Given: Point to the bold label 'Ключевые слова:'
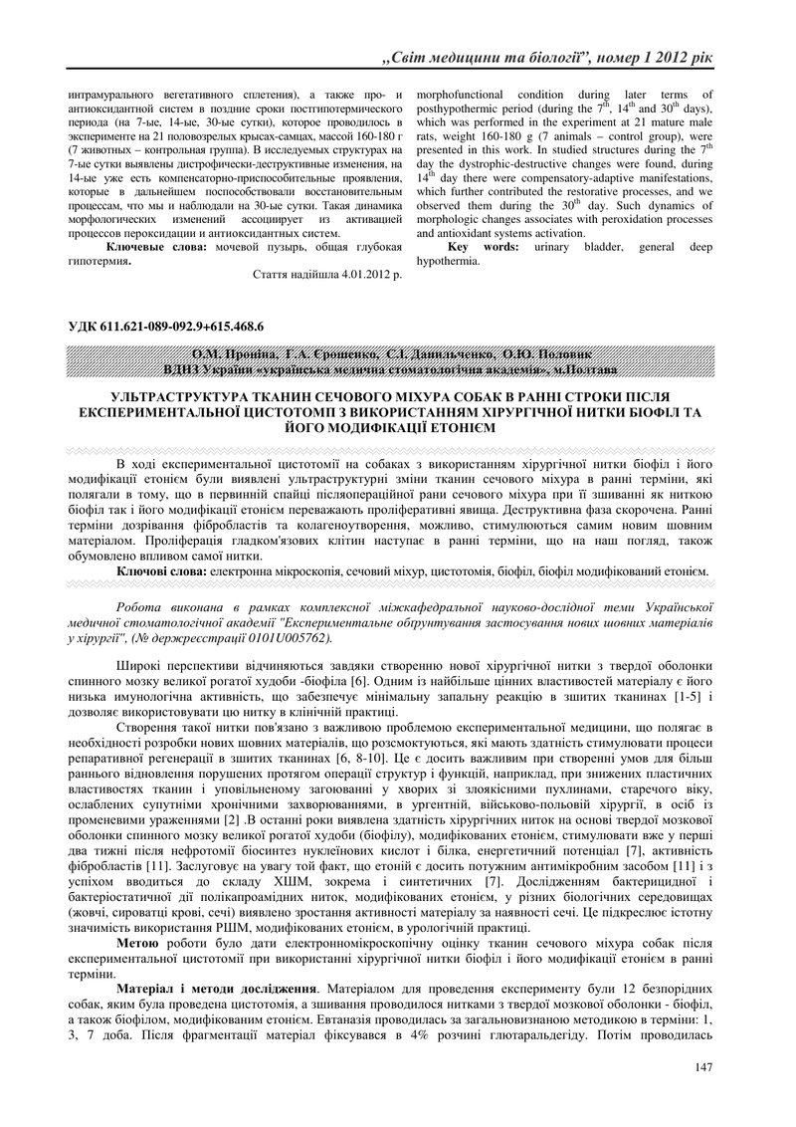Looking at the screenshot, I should pos(158,246).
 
